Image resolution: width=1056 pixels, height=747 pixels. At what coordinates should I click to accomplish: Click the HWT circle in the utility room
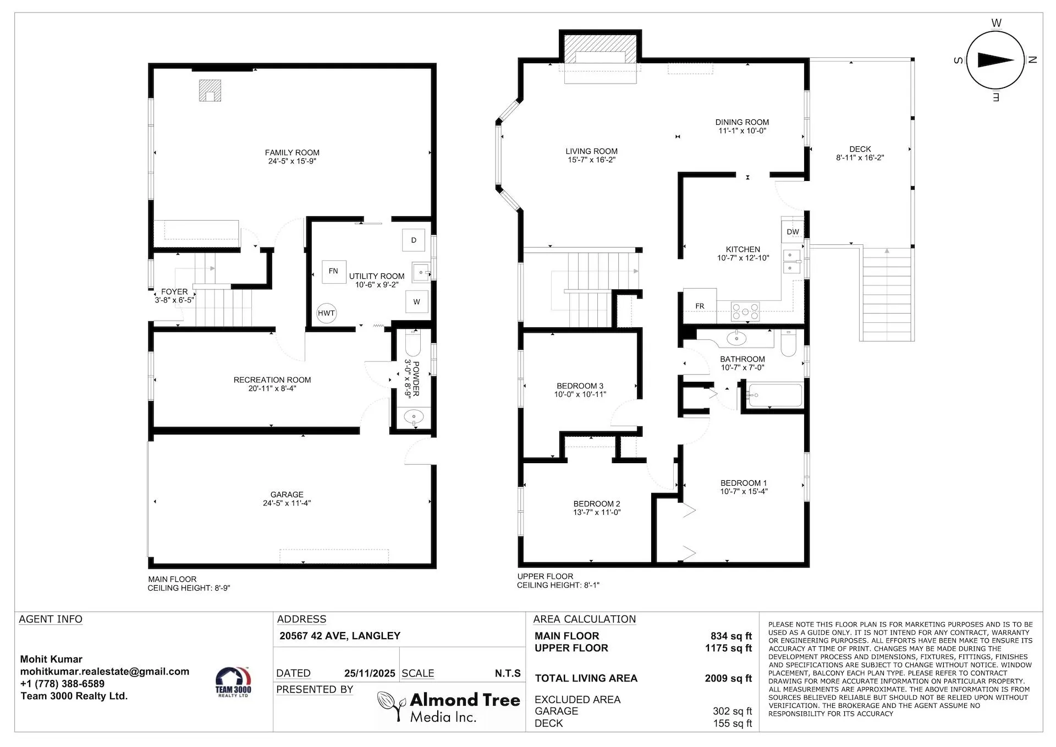tap(326, 313)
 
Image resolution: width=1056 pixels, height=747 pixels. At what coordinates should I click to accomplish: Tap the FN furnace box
tap(333, 271)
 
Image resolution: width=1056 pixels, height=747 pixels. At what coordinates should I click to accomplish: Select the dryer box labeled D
tap(414, 240)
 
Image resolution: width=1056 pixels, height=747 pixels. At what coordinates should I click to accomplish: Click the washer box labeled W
tap(416, 301)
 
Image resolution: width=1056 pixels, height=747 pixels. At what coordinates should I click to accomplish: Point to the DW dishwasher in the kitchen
tap(793, 232)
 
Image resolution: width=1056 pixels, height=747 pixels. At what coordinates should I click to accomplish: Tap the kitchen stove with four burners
tap(745, 311)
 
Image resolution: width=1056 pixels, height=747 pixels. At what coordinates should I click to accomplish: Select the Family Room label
tap(292, 152)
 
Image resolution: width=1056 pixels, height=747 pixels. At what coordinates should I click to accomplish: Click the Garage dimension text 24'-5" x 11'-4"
tap(287, 503)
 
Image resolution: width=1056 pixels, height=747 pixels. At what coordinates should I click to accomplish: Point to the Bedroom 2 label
tap(597, 503)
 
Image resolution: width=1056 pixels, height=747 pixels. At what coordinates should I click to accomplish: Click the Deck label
tap(860, 149)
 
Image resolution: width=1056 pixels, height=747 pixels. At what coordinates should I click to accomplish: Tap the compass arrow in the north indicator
tap(996, 60)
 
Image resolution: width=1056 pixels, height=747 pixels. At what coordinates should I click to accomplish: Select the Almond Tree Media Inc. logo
tap(449, 707)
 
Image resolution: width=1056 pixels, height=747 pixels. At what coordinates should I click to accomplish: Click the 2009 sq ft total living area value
tap(728, 678)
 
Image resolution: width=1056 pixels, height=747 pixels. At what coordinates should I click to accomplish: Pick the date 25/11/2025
tap(370, 673)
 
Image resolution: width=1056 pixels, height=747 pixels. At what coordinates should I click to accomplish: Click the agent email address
tap(105, 671)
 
